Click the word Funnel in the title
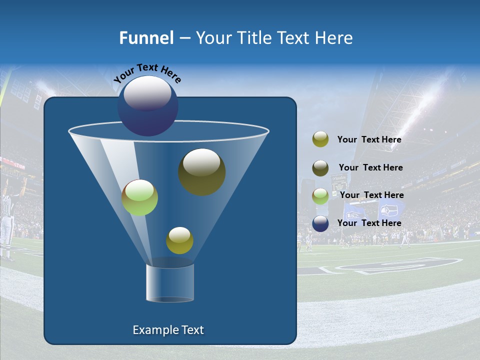[x=146, y=38]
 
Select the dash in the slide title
[x=184, y=38]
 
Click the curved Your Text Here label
[x=147, y=72]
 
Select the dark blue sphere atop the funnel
[x=148, y=106]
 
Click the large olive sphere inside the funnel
[x=201, y=171]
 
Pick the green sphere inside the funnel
[x=140, y=197]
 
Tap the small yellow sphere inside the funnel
[x=179, y=240]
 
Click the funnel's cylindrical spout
[x=170, y=282]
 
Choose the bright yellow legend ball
[x=320, y=139]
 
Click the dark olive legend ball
[x=320, y=168]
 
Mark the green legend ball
[x=320, y=196]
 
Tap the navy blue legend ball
[x=320, y=223]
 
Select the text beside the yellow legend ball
[x=369, y=140]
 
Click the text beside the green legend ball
[x=371, y=195]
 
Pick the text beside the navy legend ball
[x=369, y=223]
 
